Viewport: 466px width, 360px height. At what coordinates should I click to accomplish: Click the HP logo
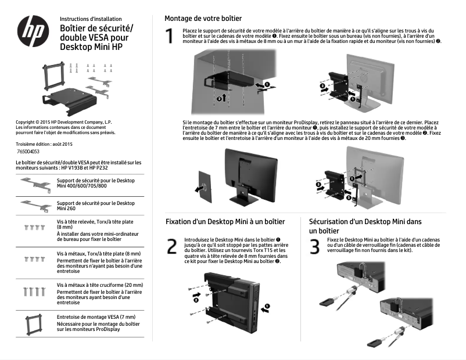click(x=34, y=33)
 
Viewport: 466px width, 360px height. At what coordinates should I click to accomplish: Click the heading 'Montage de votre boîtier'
click(x=203, y=19)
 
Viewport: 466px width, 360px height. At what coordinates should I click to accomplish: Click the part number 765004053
click(x=28, y=151)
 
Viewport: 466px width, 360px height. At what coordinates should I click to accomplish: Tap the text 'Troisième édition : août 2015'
click(x=44, y=143)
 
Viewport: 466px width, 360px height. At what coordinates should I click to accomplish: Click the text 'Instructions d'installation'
click(x=89, y=19)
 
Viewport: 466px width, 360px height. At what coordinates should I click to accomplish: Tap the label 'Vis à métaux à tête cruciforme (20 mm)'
click(x=99, y=285)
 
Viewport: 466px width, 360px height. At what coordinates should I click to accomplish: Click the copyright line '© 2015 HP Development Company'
click(x=63, y=122)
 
